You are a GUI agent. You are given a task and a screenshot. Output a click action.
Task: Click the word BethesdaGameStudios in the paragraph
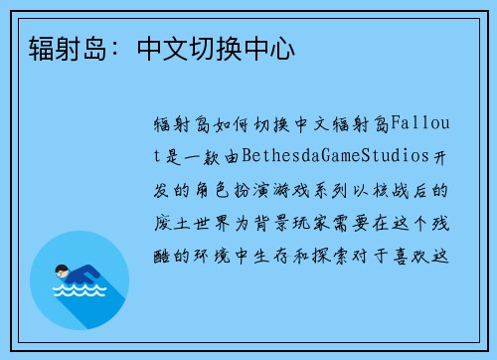[319, 155]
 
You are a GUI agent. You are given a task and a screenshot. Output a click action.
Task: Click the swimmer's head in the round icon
[62, 268]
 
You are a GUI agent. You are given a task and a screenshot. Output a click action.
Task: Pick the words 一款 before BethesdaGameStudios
[202, 155]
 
